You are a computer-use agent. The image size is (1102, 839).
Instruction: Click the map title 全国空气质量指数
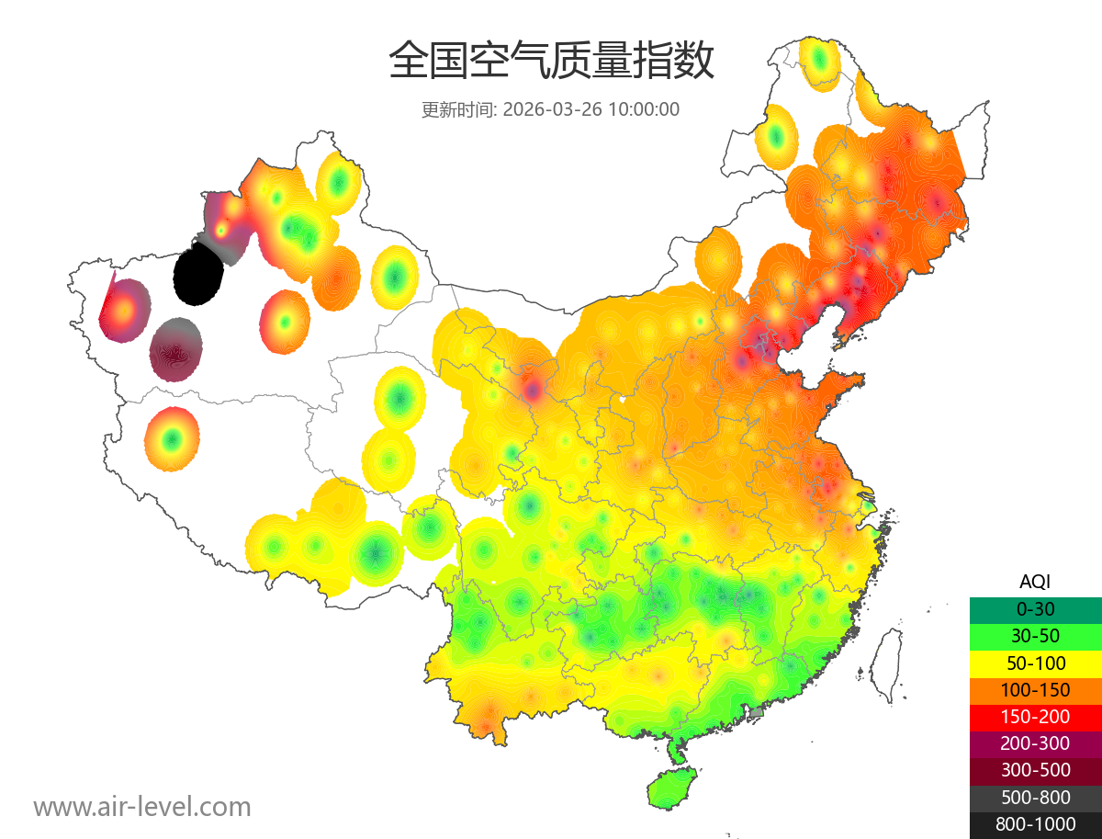[551, 62]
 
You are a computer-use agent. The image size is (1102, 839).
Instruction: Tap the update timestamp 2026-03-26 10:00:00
[591, 109]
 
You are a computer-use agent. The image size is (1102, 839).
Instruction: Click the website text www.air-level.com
[142, 807]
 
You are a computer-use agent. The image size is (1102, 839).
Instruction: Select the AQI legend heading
[1035, 581]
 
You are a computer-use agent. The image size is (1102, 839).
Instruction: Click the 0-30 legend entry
[1035, 608]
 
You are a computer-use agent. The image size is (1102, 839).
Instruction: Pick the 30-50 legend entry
[1035, 635]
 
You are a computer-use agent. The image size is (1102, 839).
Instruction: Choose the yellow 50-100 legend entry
[1035, 662]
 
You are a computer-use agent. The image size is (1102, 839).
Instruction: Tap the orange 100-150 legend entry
[1035, 689]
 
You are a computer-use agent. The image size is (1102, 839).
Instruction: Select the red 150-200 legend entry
[1035, 716]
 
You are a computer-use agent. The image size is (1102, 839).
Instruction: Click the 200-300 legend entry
[1035, 743]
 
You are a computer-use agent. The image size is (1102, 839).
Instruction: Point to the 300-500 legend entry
[1035, 770]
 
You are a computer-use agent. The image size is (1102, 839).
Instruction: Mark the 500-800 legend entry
[1035, 797]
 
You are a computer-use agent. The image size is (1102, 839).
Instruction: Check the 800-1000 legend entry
[1035, 824]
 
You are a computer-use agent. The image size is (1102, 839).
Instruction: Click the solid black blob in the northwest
[197, 274]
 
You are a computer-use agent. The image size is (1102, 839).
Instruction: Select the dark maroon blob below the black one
[176, 350]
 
